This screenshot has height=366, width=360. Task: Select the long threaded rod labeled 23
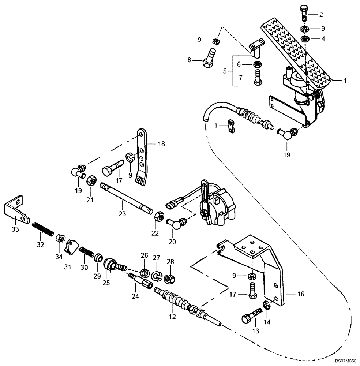(x=126, y=198)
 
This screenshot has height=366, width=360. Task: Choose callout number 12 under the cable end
(x=172, y=316)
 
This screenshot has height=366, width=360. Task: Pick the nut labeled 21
(x=91, y=180)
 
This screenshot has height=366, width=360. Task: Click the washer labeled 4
(x=304, y=38)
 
